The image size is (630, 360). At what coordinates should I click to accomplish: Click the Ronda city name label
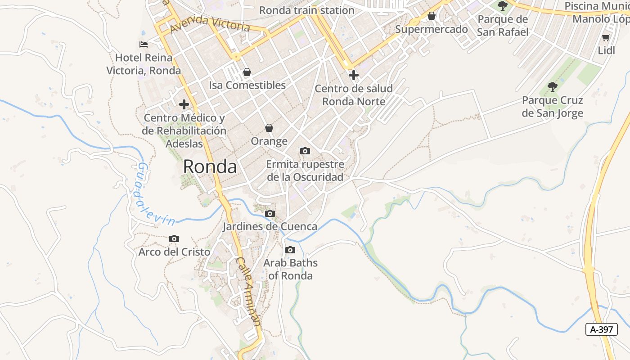pyautogui.click(x=210, y=167)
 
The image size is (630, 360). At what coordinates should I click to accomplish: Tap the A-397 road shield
pyautogui.click(x=602, y=329)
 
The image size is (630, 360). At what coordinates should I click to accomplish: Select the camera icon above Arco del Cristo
pyautogui.click(x=174, y=239)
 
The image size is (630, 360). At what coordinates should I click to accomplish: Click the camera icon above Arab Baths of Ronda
pyautogui.click(x=290, y=250)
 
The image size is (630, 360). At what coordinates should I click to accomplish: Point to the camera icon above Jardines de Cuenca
pyautogui.click(x=270, y=214)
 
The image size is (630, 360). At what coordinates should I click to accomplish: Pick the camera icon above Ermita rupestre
pyautogui.click(x=305, y=151)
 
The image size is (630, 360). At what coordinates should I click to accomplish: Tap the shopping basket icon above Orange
pyautogui.click(x=269, y=128)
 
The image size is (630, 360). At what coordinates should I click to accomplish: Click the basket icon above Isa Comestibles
pyautogui.click(x=247, y=72)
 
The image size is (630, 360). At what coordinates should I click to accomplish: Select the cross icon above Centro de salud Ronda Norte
pyautogui.click(x=354, y=75)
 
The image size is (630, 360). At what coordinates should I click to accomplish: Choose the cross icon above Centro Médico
pyautogui.click(x=184, y=105)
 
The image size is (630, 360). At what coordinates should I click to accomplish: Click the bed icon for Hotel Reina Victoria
pyautogui.click(x=144, y=45)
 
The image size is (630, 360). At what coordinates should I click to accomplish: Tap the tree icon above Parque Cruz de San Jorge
pyautogui.click(x=553, y=87)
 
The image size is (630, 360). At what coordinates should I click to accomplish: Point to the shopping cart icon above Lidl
pyautogui.click(x=606, y=38)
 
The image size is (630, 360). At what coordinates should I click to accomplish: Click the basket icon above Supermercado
pyautogui.click(x=432, y=16)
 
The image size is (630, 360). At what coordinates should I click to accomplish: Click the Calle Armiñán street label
pyautogui.click(x=248, y=292)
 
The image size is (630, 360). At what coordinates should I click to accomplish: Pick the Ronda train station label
pyautogui.click(x=307, y=10)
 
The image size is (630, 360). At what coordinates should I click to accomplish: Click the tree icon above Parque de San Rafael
pyautogui.click(x=503, y=6)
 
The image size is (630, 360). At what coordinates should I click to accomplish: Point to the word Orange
pyautogui.click(x=269, y=141)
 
